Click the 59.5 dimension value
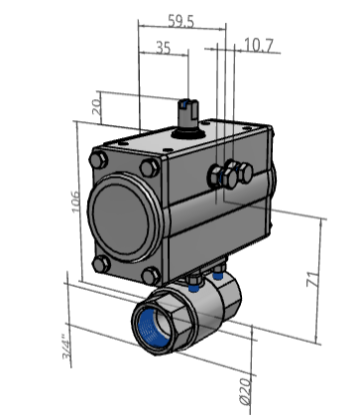[180, 21]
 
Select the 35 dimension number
[164, 48]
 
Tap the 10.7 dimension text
[259, 46]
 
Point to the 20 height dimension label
[97, 107]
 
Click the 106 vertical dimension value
[75, 202]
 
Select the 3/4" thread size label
[66, 349]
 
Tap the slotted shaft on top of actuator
[187, 113]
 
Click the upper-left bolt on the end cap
[98, 160]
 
